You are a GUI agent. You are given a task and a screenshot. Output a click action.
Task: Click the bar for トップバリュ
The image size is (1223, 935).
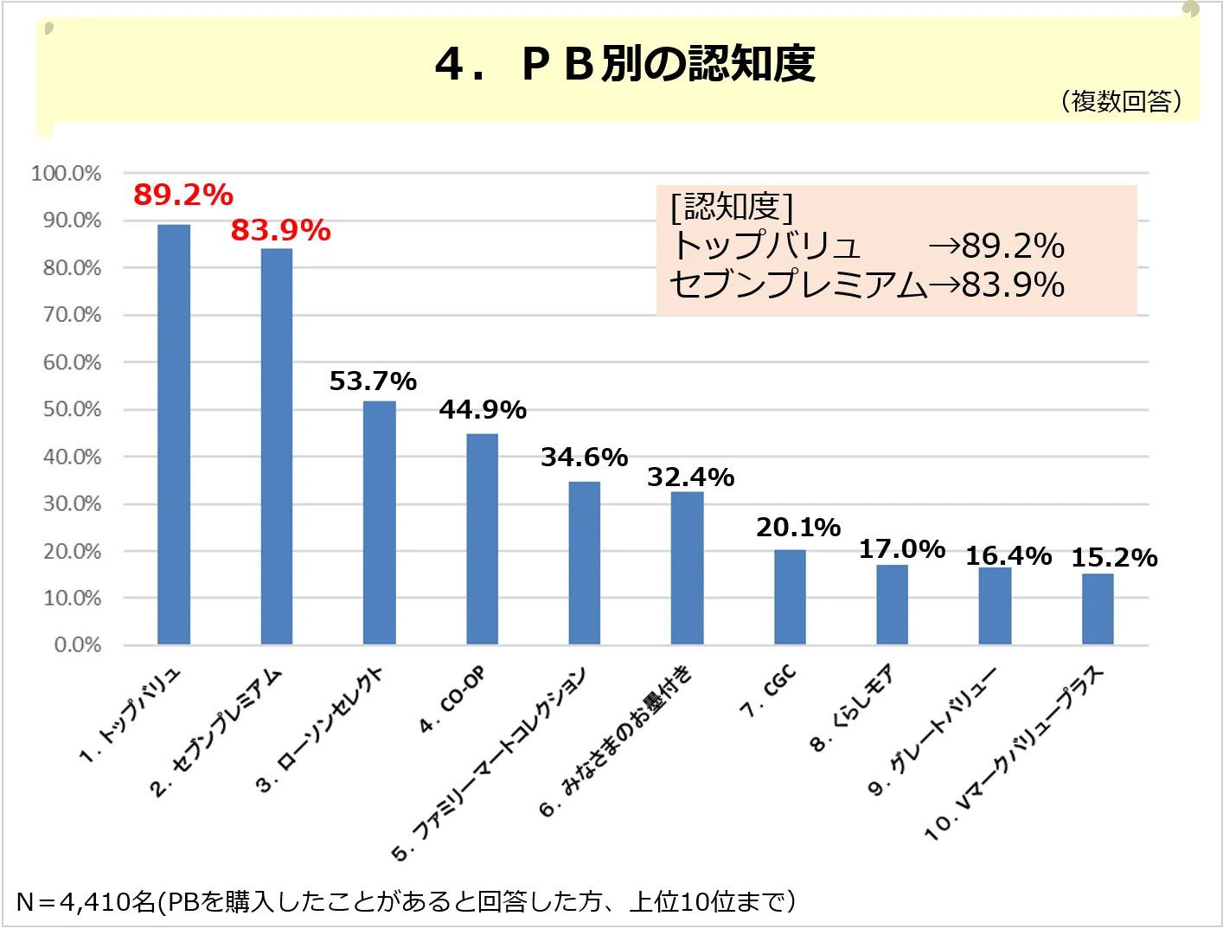174,434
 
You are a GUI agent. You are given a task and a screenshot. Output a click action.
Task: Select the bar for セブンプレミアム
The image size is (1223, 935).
277,446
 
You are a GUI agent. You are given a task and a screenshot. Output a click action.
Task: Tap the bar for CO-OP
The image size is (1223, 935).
483,539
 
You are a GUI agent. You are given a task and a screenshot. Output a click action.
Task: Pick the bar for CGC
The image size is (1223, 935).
790,597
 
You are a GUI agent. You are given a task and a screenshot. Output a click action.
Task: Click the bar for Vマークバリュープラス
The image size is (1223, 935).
1098,609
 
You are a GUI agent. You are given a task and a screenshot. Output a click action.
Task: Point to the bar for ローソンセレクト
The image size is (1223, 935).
380,522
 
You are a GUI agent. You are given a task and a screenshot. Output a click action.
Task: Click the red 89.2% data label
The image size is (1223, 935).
183,195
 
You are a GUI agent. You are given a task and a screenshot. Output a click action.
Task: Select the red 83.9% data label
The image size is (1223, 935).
281,231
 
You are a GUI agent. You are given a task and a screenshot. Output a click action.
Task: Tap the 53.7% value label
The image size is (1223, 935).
373,381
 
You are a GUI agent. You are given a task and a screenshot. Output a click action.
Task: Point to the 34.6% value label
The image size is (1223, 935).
585,458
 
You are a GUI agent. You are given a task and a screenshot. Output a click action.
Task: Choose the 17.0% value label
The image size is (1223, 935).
902,549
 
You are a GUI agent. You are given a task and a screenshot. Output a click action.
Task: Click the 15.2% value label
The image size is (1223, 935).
1114,559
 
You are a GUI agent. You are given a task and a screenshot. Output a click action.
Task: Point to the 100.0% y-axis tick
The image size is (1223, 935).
67,174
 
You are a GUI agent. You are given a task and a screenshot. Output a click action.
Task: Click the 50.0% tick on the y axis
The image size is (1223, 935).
72,409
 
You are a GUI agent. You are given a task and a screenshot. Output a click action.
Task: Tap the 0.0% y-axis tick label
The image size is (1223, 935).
77,645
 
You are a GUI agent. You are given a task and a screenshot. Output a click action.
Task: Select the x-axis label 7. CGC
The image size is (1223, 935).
768,693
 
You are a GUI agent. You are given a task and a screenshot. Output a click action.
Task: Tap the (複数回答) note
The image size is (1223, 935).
1121,102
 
